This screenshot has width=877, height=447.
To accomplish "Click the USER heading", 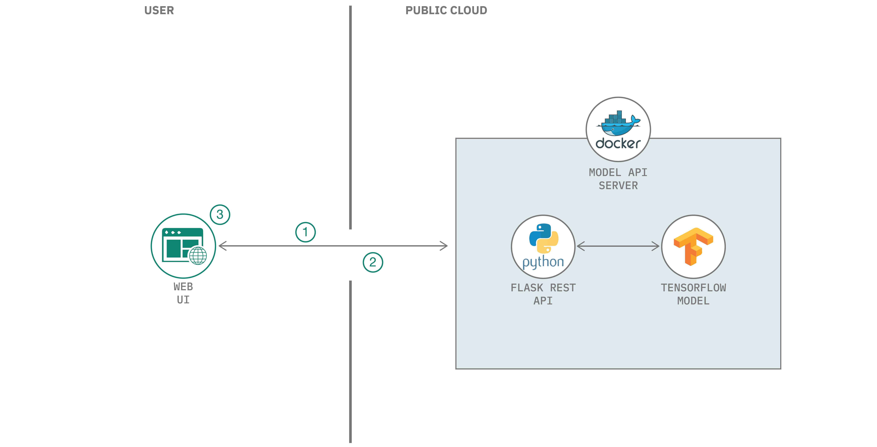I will [x=159, y=10].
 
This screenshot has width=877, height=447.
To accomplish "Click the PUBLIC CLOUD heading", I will [x=446, y=10].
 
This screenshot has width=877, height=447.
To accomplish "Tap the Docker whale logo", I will [x=618, y=123].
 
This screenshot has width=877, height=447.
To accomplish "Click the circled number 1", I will [x=305, y=232].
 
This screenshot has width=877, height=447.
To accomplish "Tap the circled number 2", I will [x=373, y=262].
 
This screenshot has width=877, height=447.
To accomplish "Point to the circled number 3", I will [x=220, y=214].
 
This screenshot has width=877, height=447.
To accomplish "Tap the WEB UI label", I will [x=183, y=293].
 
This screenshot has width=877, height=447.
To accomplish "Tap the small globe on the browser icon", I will [x=198, y=255].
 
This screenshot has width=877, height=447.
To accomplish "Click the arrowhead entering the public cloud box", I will [x=444, y=246].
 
